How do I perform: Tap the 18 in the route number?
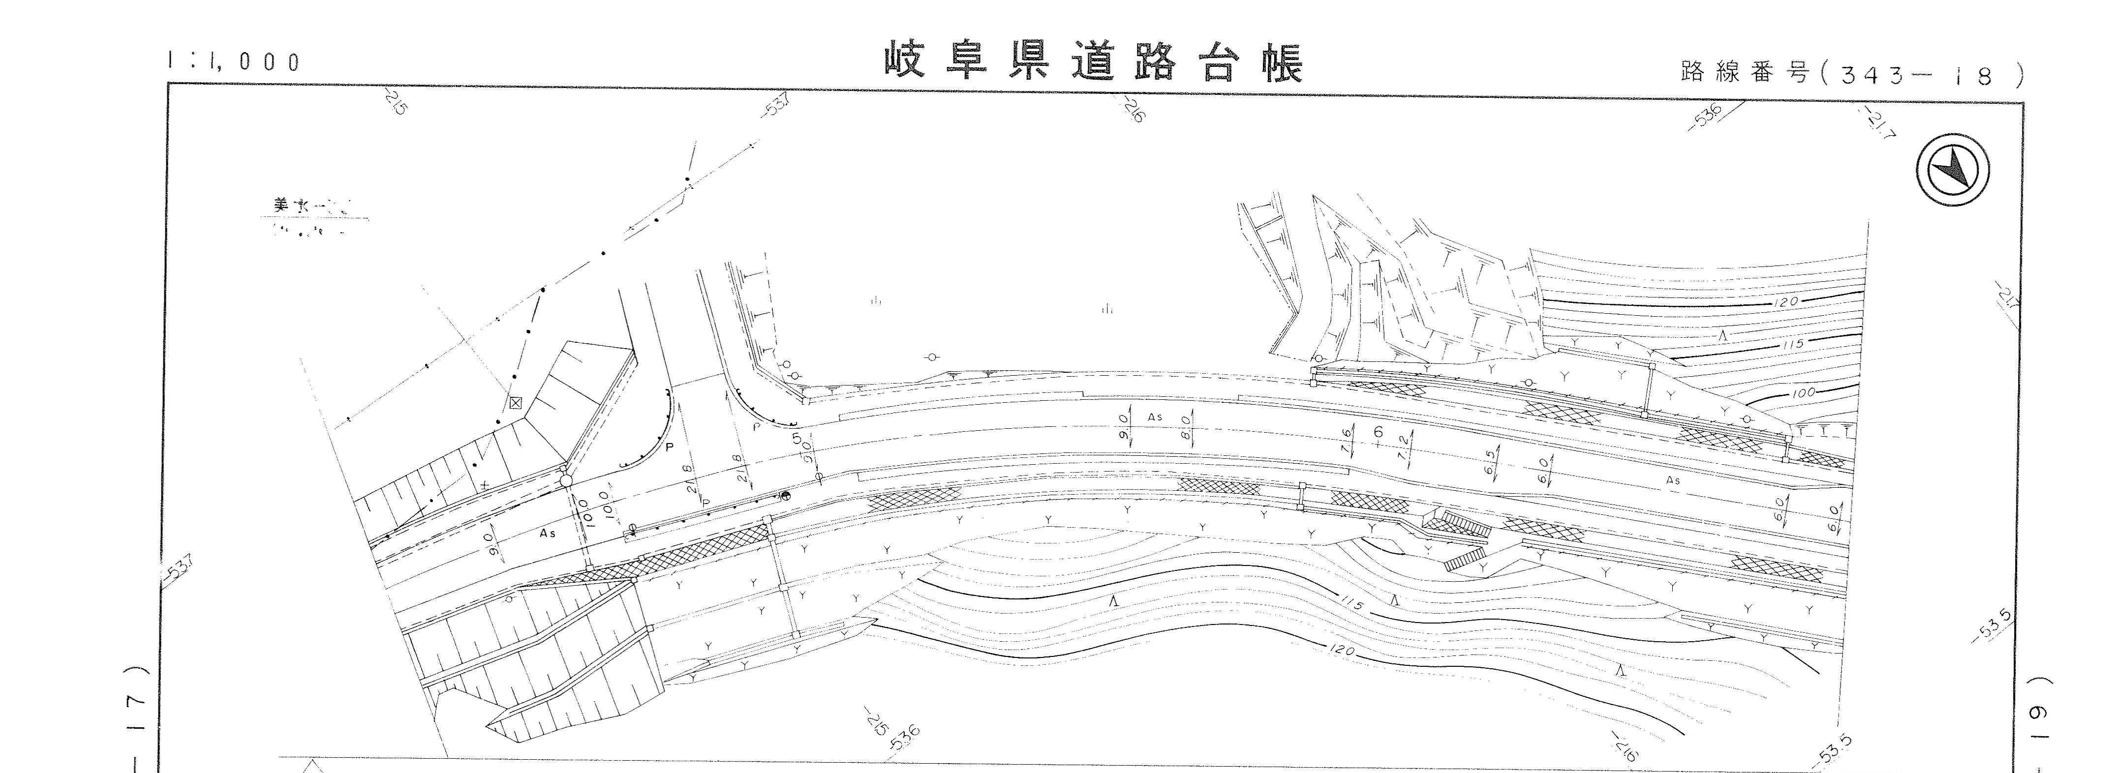1970,76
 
